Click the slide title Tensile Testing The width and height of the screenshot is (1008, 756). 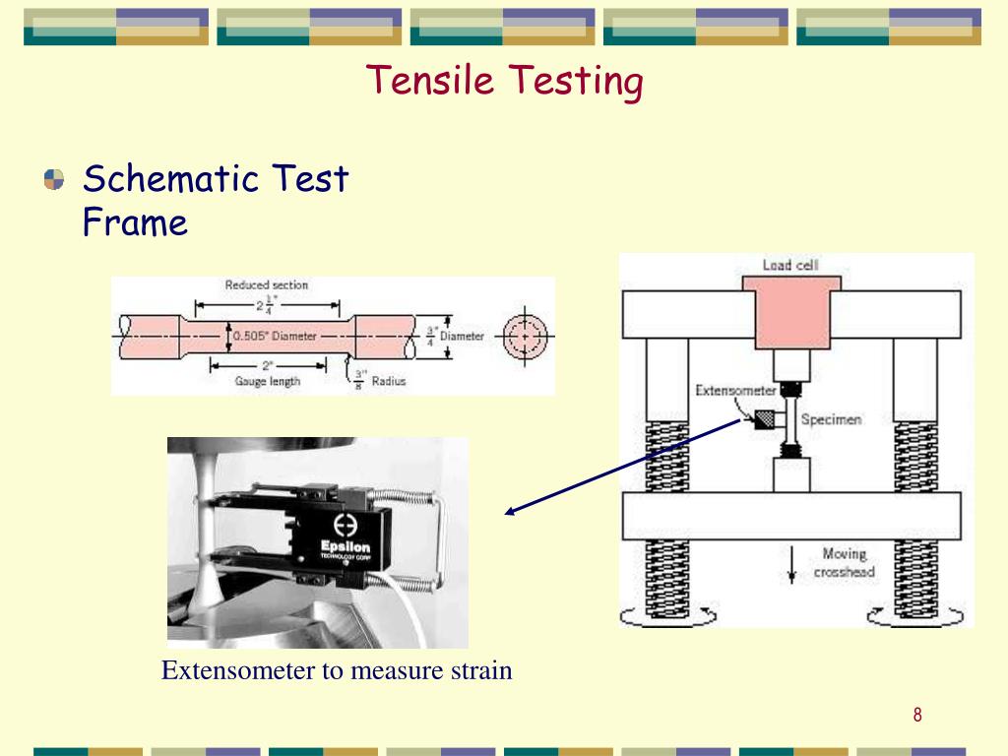click(504, 81)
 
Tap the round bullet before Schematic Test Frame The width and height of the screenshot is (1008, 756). click(53, 180)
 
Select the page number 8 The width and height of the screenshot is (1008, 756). click(916, 715)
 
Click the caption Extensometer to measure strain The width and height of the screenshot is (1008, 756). click(337, 671)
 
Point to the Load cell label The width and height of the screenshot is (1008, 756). click(789, 265)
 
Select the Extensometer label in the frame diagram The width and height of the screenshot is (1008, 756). click(735, 390)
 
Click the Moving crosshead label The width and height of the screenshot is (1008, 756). click(844, 562)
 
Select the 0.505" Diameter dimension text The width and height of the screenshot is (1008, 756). click(275, 336)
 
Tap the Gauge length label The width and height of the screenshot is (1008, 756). click(267, 381)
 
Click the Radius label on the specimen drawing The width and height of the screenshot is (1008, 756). click(389, 381)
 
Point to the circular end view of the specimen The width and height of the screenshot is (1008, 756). click(525, 338)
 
